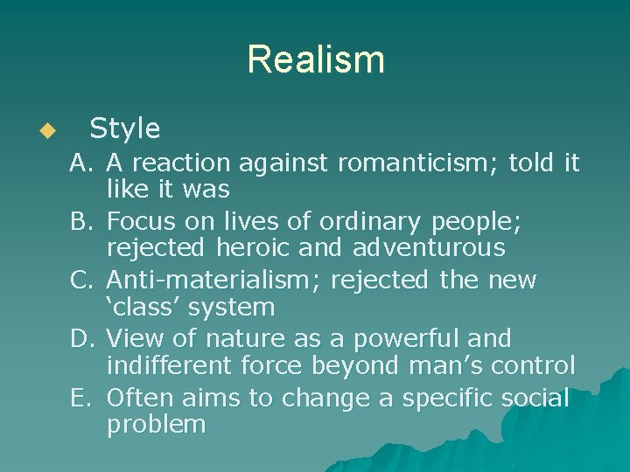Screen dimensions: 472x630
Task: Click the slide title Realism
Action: (x=315, y=60)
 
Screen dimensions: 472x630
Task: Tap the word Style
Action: (x=125, y=129)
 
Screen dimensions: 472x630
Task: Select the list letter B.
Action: (x=81, y=222)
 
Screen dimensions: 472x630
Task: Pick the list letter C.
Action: (x=81, y=281)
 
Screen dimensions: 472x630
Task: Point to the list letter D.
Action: (x=81, y=339)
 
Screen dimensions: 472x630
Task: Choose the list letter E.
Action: (x=80, y=398)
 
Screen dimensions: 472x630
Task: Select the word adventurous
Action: (x=429, y=248)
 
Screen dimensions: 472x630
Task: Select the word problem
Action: (x=156, y=426)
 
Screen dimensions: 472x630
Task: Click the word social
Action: (x=535, y=398)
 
